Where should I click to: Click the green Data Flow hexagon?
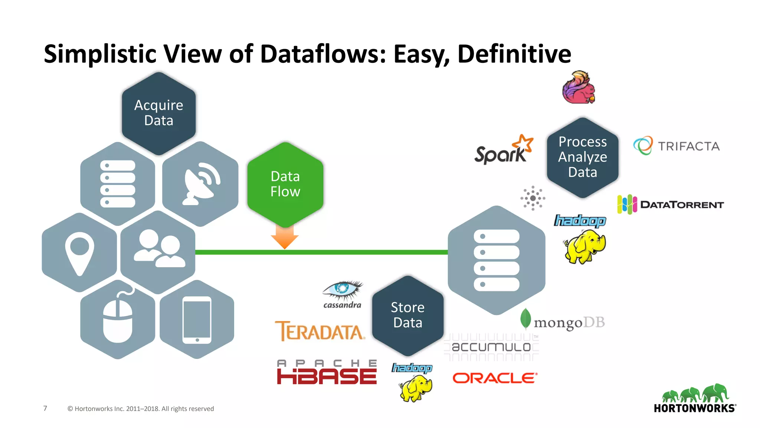click(x=285, y=184)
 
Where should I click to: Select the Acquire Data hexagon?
click(x=159, y=113)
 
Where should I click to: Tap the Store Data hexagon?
click(x=407, y=315)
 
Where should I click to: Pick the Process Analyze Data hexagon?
click(x=583, y=157)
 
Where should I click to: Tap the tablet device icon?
click(x=197, y=320)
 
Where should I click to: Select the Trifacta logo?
click(x=676, y=146)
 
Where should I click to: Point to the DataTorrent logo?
click(x=670, y=204)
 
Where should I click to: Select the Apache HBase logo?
click(x=327, y=372)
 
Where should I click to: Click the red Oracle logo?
click(x=495, y=378)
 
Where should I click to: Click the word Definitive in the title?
click(x=514, y=54)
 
